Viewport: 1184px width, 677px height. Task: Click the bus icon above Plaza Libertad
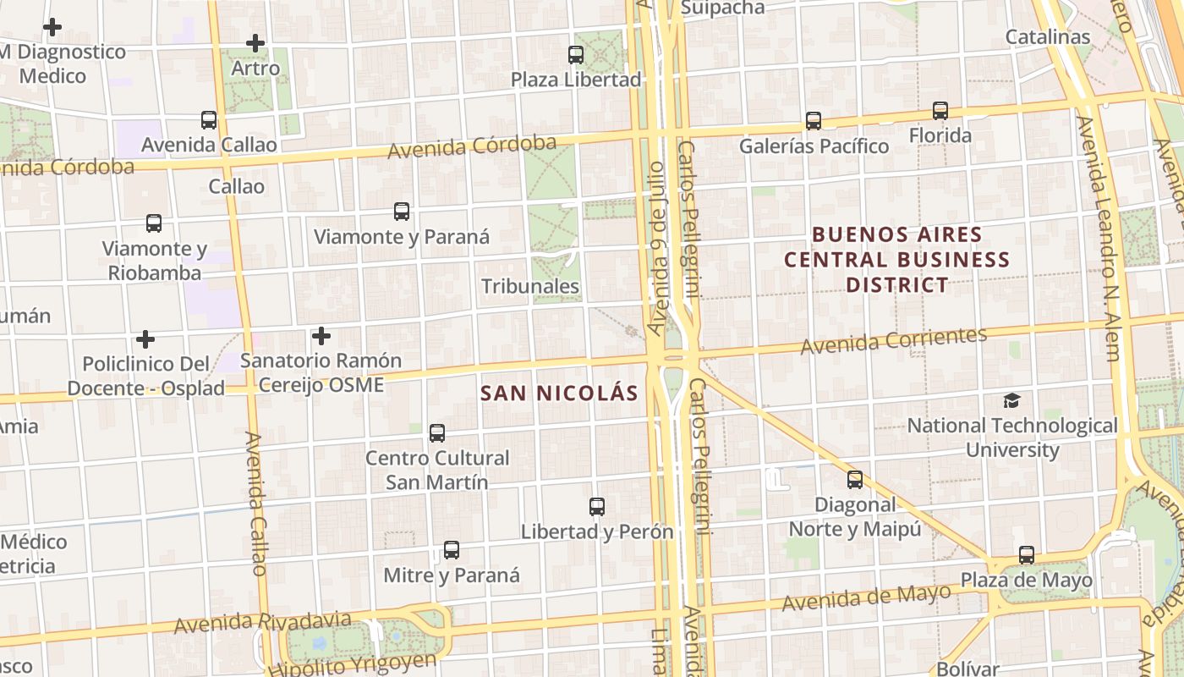click(x=576, y=55)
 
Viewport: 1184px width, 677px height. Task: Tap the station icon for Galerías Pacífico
click(x=814, y=121)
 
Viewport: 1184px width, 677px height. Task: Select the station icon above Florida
click(x=940, y=111)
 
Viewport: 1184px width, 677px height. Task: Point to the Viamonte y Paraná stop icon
click(x=402, y=212)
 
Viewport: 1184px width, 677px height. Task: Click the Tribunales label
click(x=530, y=287)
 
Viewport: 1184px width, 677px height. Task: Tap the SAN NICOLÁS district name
click(x=559, y=394)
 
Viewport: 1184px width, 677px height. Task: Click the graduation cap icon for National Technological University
click(x=1011, y=400)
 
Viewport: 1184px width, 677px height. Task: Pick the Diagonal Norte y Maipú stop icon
click(x=855, y=480)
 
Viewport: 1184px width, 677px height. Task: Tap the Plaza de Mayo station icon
click(x=1027, y=555)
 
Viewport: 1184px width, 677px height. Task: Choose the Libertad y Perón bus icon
click(x=597, y=507)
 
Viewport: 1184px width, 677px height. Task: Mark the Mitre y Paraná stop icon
click(x=452, y=550)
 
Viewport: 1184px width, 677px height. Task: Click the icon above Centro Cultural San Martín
click(x=437, y=433)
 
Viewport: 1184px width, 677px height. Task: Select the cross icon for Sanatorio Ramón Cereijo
click(x=321, y=336)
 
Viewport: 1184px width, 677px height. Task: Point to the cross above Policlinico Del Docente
click(x=145, y=339)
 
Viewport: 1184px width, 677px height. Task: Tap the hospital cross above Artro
click(x=255, y=43)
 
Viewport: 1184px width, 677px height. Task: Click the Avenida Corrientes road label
click(x=894, y=340)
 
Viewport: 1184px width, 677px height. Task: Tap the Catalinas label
click(x=1048, y=37)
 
